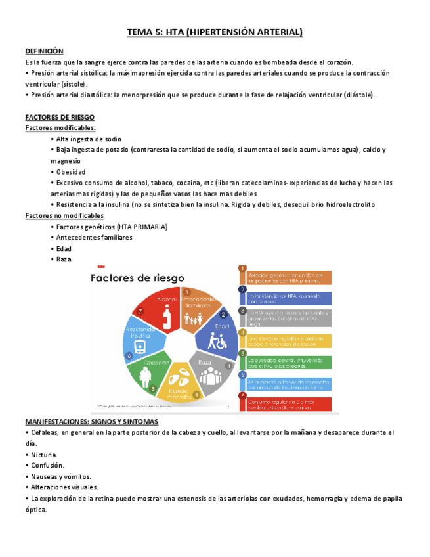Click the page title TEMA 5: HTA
215,32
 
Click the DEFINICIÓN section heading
44,51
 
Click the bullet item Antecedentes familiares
94,238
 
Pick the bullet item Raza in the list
64,259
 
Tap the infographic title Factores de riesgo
137,278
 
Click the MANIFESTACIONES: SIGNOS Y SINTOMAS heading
91,422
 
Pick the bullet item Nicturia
44,455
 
